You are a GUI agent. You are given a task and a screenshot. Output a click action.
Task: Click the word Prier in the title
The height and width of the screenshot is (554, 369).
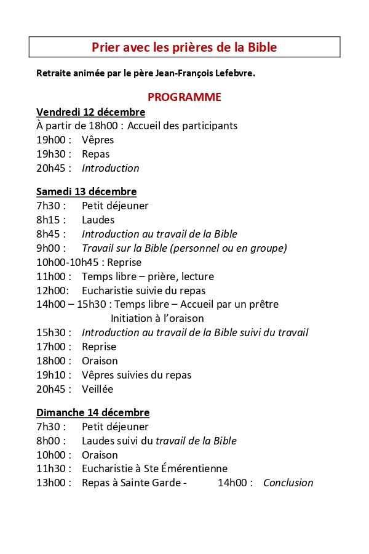[106, 47]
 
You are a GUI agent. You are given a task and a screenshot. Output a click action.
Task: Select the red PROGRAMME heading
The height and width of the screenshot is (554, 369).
[184, 97]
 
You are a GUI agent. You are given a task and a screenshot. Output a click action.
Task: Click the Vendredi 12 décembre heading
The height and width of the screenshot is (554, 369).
[90, 112]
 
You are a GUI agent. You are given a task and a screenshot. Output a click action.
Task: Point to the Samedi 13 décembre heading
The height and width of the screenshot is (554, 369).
[86, 191]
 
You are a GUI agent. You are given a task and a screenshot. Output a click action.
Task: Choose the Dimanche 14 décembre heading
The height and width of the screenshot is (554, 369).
[93, 412]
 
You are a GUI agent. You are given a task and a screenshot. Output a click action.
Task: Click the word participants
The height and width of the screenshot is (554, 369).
[207, 126]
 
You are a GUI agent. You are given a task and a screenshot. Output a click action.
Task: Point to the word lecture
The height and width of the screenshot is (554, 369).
[193, 276]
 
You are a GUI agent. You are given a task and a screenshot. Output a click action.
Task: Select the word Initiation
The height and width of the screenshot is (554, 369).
[132, 318]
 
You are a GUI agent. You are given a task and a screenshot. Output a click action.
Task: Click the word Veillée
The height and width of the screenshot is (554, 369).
[97, 389]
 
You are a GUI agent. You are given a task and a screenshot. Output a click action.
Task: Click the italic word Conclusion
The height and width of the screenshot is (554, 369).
[288, 483]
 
